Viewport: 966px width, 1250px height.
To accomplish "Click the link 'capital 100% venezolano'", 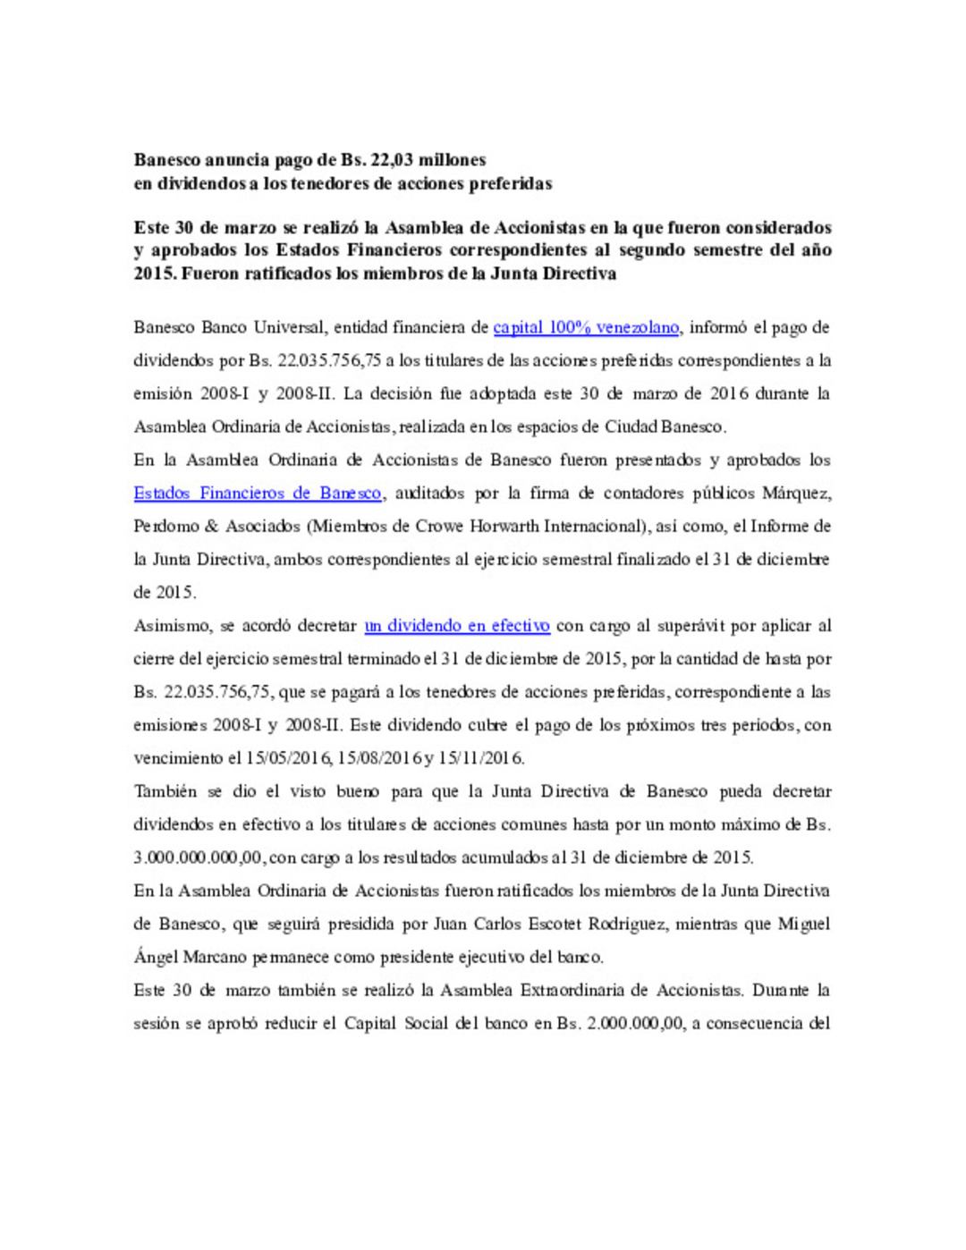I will pyautogui.click(x=586, y=328).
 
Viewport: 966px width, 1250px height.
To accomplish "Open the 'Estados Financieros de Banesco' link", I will pyautogui.click(x=258, y=494).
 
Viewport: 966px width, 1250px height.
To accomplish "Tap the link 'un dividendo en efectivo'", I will pyautogui.click(x=456, y=626).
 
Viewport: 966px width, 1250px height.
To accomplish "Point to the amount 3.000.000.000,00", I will pyautogui.click(x=199, y=857).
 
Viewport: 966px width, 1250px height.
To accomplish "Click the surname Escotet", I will pyautogui.click(x=567, y=925).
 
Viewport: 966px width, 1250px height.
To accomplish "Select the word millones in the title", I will pyautogui.click(x=453, y=161).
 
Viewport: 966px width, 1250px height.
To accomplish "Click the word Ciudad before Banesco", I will pyautogui.click(x=631, y=427).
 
